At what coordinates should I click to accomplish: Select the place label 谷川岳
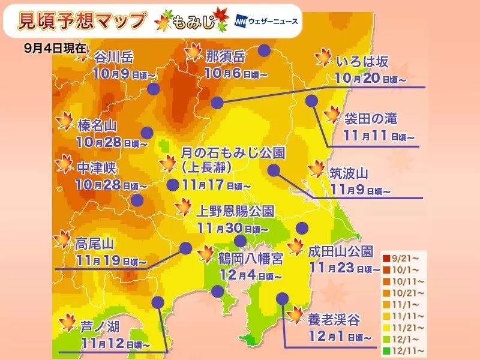(x=114, y=58)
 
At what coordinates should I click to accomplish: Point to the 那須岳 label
(x=225, y=58)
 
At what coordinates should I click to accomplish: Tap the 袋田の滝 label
(x=370, y=118)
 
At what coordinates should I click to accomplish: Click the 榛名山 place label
(x=97, y=125)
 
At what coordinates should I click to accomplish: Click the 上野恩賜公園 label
(x=236, y=211)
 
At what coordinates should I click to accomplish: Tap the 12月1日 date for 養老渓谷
(x=327, y=337)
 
